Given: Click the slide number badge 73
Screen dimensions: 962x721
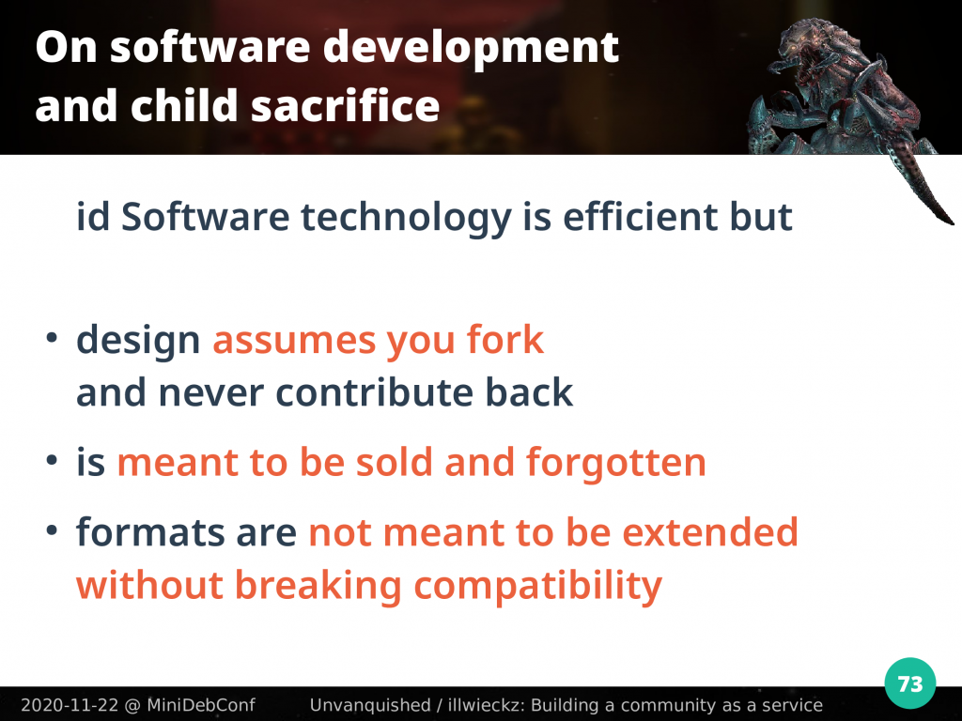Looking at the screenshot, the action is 909,683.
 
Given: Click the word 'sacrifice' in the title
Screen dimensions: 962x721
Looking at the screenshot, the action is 346,105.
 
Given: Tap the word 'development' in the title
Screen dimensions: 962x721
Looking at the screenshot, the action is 471,47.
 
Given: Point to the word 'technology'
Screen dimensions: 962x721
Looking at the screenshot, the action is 406,218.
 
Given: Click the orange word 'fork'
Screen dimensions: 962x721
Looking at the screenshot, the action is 504,339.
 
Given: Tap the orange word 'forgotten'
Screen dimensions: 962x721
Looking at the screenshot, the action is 616,462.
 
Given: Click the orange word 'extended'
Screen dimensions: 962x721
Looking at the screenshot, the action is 710,531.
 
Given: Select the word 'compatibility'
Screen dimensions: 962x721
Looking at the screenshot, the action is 538,586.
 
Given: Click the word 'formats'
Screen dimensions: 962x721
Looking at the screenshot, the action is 150,532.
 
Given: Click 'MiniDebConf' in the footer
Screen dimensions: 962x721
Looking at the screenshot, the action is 201,705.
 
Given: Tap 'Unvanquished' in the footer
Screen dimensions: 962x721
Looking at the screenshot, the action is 370,705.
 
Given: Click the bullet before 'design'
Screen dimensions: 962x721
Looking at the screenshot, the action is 52,338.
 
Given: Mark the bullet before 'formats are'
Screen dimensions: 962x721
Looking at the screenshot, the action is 52,530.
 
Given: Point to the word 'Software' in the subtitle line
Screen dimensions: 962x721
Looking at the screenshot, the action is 205,217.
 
